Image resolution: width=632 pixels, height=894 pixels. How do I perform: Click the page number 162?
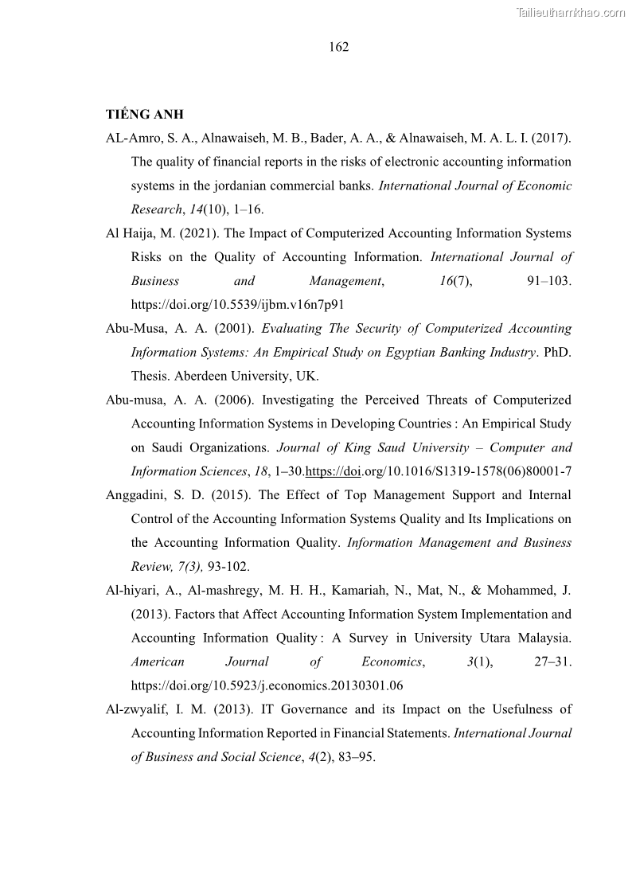(x=338, y=47)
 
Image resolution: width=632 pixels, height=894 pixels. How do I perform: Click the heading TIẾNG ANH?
(x=144, y=115)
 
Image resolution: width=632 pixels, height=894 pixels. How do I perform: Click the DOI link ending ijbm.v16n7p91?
(x=237, y=305)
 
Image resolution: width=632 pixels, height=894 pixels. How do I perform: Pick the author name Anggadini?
(x=135, y=496)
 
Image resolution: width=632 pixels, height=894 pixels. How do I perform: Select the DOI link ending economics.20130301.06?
(x=267, y=685)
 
